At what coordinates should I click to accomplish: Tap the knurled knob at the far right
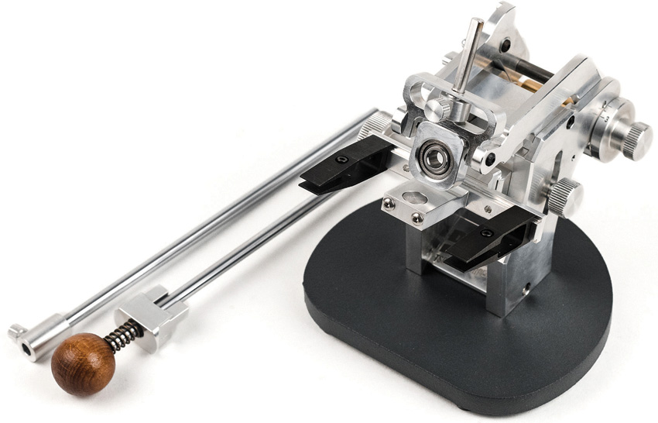637,141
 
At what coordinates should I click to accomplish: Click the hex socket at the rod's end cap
27,351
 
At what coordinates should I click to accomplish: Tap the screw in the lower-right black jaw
486,232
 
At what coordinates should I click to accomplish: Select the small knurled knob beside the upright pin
438,109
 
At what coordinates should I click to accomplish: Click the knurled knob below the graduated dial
566,197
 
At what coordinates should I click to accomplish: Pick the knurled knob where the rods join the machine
379,124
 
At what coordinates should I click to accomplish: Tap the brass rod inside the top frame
535,85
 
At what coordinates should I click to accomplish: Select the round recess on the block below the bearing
412,196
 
